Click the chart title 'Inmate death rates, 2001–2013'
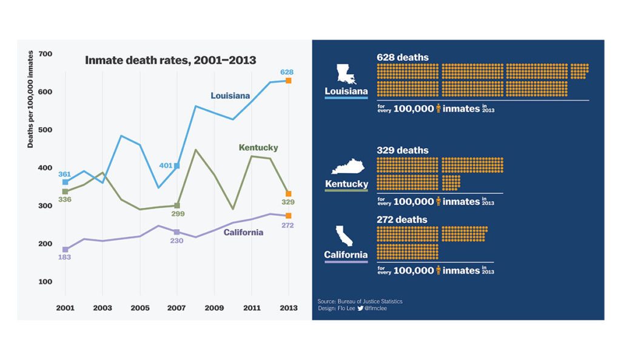coord(170,60)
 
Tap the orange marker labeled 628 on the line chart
coord(289,81)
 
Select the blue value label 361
coord(65,174)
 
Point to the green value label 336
coord(65,199)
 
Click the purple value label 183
coord(65,258)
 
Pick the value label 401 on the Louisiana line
coord(166,165)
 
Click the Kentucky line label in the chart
coord(258,148)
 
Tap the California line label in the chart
coord(243,232)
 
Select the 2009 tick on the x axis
coord(214,308)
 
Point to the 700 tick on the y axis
coord(45,54)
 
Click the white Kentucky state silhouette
coord(346,167)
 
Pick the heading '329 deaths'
coord(402,150)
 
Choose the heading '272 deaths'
coord(402,219)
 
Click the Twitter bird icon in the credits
coord(360,308)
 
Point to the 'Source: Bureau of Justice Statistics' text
coord(360,301)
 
